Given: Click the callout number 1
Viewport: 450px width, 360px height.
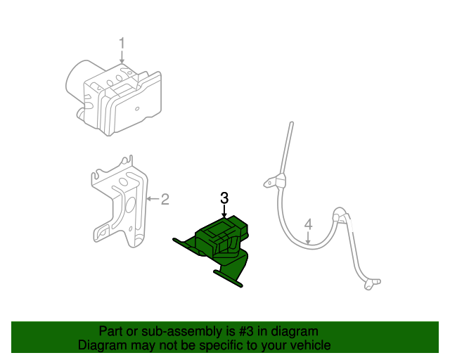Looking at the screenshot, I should click(122, 44).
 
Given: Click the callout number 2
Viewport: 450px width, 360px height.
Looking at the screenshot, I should click(165, 200).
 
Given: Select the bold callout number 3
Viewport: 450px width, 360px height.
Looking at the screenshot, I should click(224, 198).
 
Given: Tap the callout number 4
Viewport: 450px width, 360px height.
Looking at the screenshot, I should click(308, 225).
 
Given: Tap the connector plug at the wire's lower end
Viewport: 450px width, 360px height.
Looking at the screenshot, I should click(370, 284).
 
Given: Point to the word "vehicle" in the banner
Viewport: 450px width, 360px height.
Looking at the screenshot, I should click(312, 345).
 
